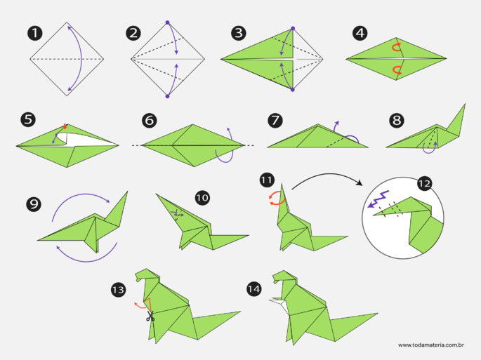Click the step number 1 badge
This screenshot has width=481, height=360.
pyautogui.click(x=34, y=33)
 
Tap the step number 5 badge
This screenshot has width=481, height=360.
pyautogui.click(x=28, y=120)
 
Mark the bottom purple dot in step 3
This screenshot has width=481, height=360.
pyautogui.click(x=292, y=90)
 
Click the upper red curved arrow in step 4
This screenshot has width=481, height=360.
pyautogui.click(x=397, y=47)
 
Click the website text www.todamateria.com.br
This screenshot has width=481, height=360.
pyautogui.click(x=433, y=345)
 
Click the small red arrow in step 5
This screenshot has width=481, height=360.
pyautogui.click(x=65, y=126)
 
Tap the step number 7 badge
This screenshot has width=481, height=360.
pyautogui.click(x=275, y=120)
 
